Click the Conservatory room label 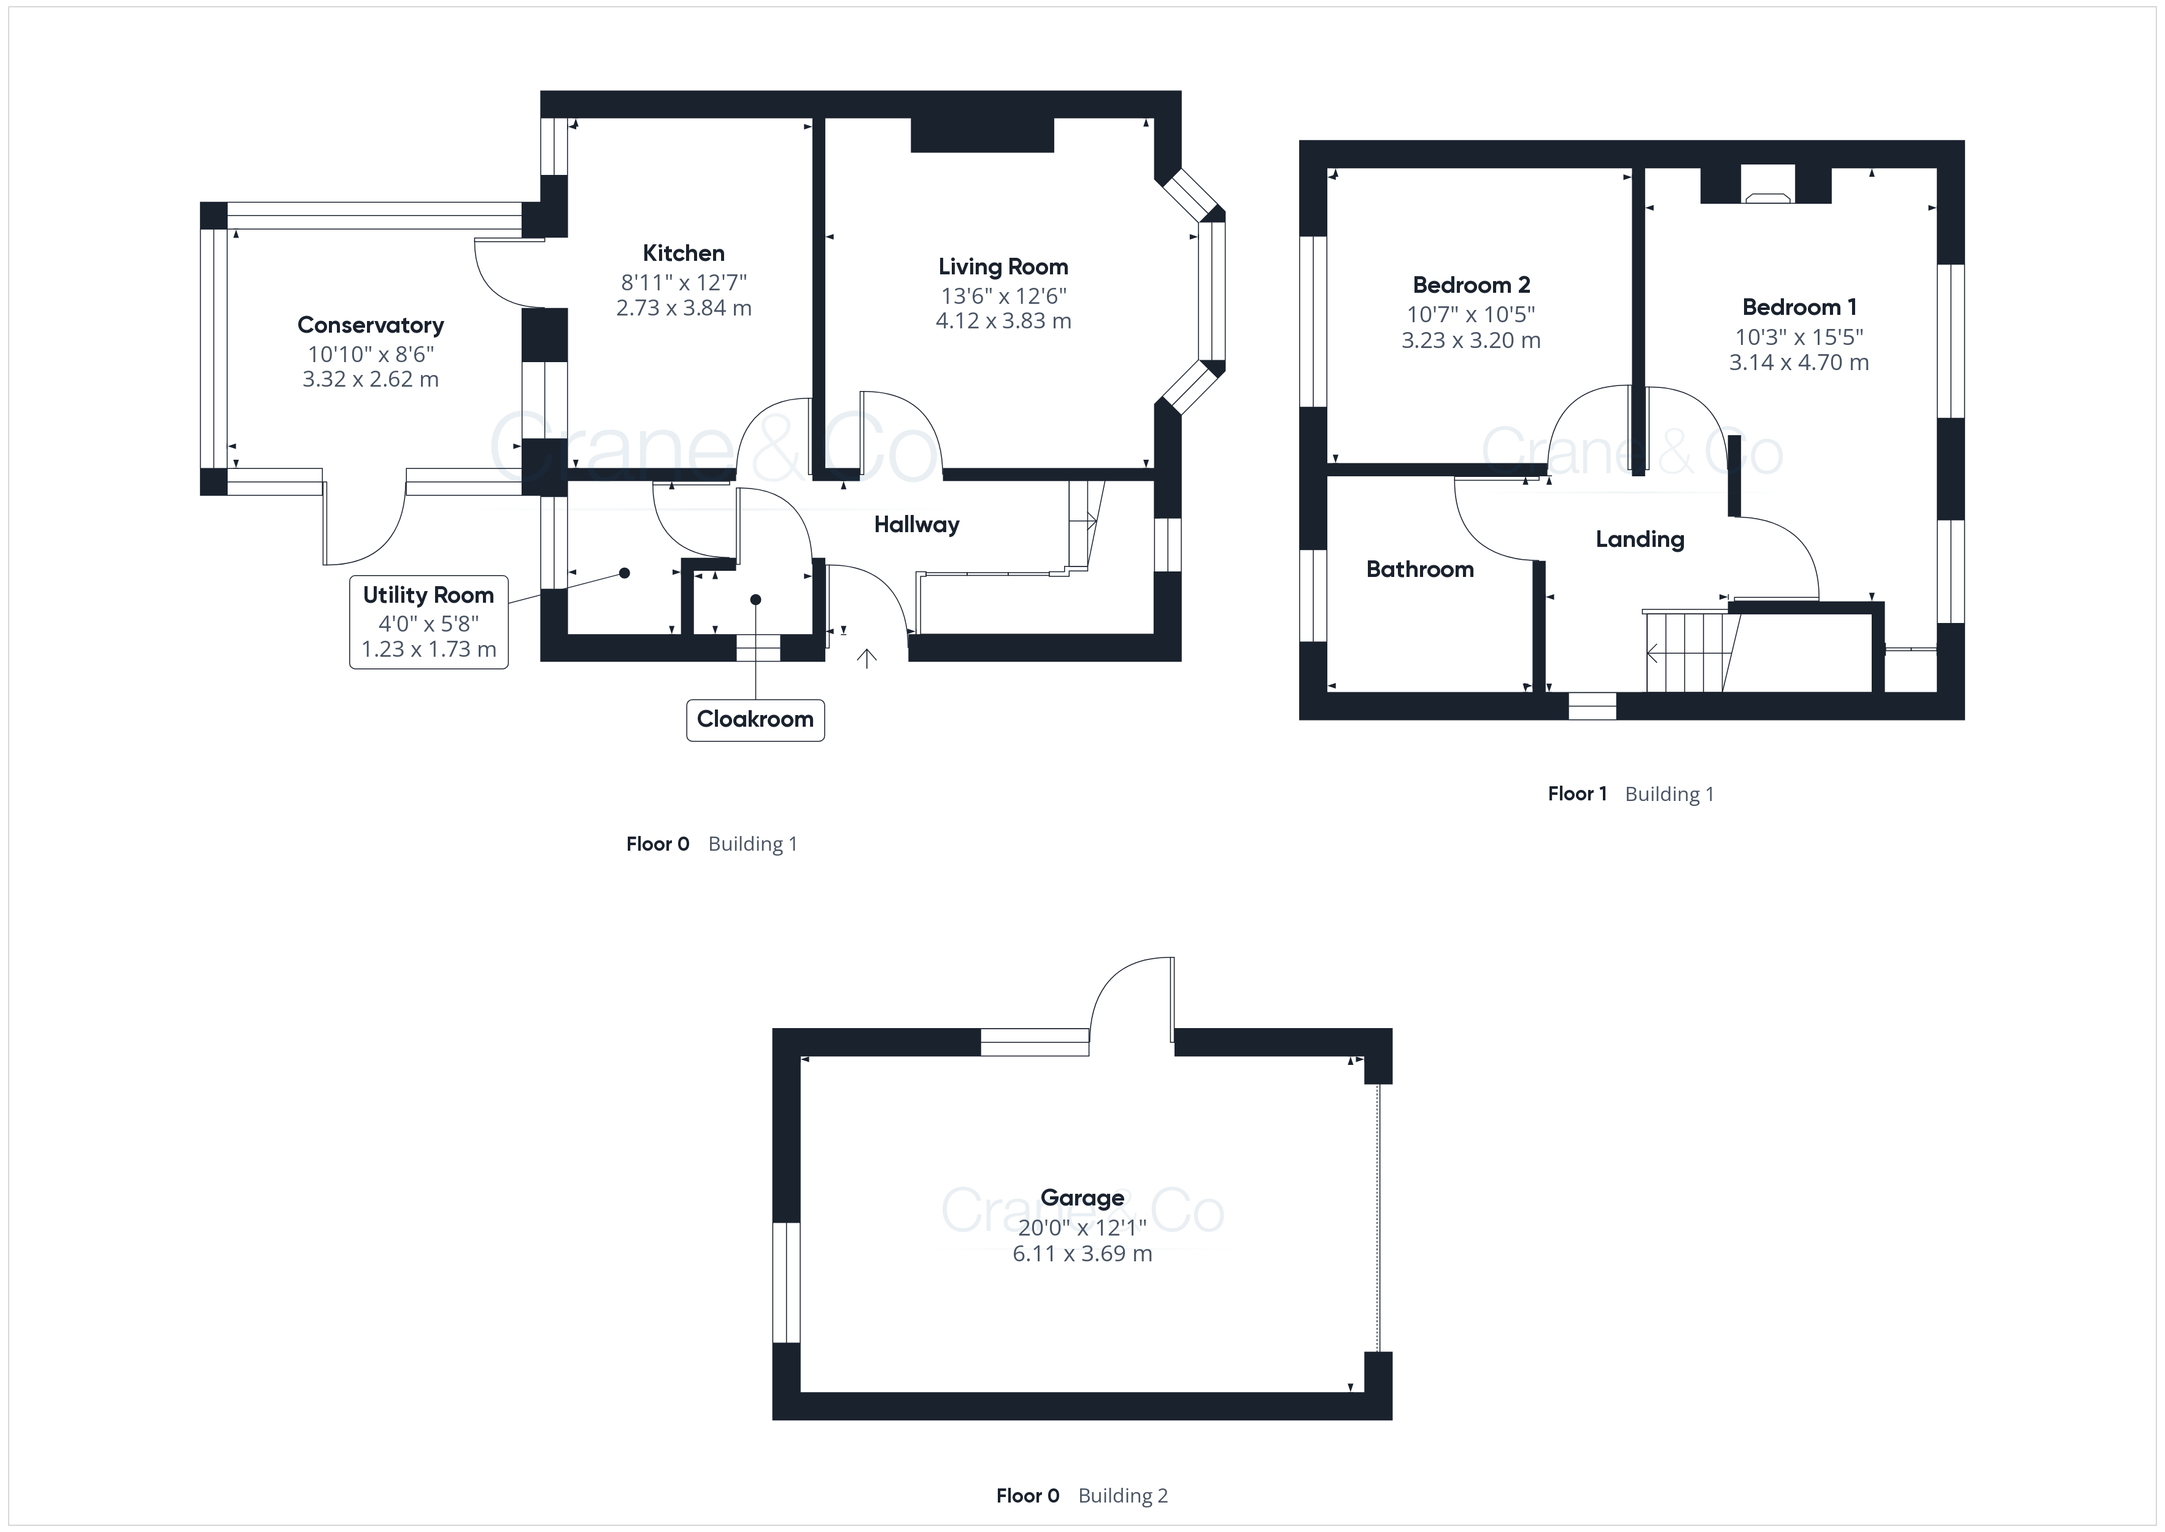click(x=371, y=325)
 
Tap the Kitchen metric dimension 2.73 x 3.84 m click(x=684, y=309)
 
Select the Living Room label click(x=1003, y=267)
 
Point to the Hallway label click(x=917, y=525)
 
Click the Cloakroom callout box click(x=755, y=720)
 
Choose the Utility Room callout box click(x=429, y=622)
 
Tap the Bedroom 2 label click(x=1471, y=285)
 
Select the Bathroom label click(x=1420, y=570)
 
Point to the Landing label click(x=1640, y=540)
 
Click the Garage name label click(x=1082, y=1198)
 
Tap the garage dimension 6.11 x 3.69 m click(x=1082, y=1254)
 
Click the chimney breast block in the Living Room click(x=982, y=135)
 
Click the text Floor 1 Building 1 click(x=1631, y=794)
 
